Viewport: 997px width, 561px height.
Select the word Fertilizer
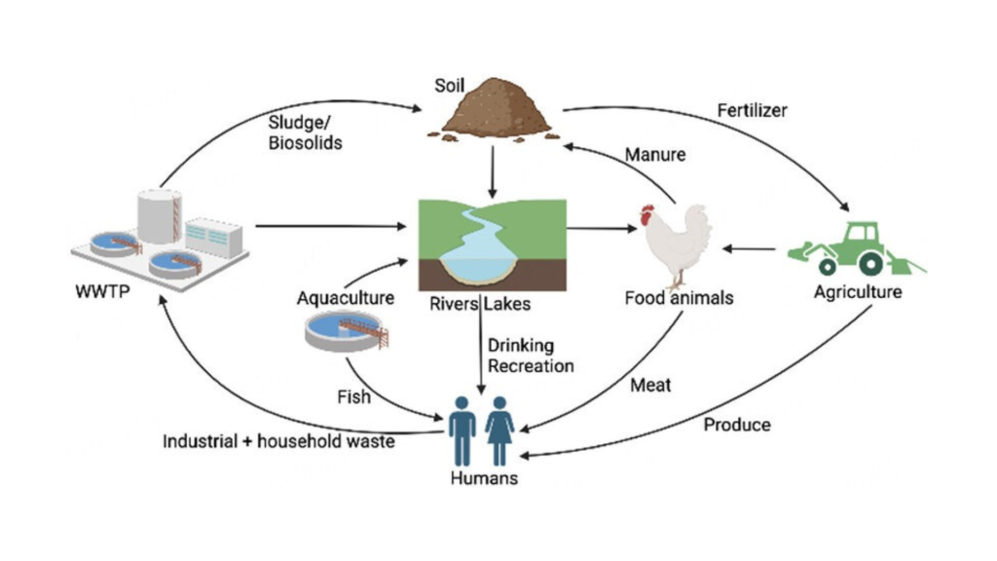pyautogui.click(x=751, y=110)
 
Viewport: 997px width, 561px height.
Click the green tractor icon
pyautogui.click(x=853, y=247)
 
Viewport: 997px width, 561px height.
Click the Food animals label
pyautogui.click(x=679, y=298)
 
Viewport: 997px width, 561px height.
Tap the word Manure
pyautogui.click(x=654, y=155)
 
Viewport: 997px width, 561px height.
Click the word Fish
pyautogui.click(x=353, y=397)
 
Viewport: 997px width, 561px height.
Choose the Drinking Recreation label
pyautogui.click(x=530, y=355)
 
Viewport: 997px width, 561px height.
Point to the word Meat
pyautogui.click(x=650, y=386)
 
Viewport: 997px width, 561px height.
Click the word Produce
pyautogui.click(x=737, y=425)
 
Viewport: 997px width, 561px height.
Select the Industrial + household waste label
pyautogui.click(x=278, y=442)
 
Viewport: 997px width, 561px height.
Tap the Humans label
pyautogui.click(x=484, y=478)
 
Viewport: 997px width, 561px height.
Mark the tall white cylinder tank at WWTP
pyautogui.click(x=160, y=215)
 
